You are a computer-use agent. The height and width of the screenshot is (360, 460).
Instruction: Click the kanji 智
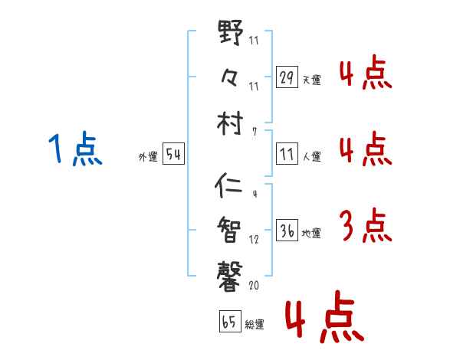click(x=230, y=227)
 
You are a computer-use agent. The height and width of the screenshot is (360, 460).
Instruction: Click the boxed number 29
click(x=287, y=77)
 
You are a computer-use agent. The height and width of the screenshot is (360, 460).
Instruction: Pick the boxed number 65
click(x=229, y=322)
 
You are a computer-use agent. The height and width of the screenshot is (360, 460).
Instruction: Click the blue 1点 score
click(x=75, y=150)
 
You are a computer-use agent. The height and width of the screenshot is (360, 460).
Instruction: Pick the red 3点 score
click(x=364, y=225)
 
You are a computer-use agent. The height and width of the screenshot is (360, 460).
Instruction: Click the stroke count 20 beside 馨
click(x=255, y=286)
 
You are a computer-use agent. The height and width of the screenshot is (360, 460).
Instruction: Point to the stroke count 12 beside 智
click(x=255, y=240)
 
